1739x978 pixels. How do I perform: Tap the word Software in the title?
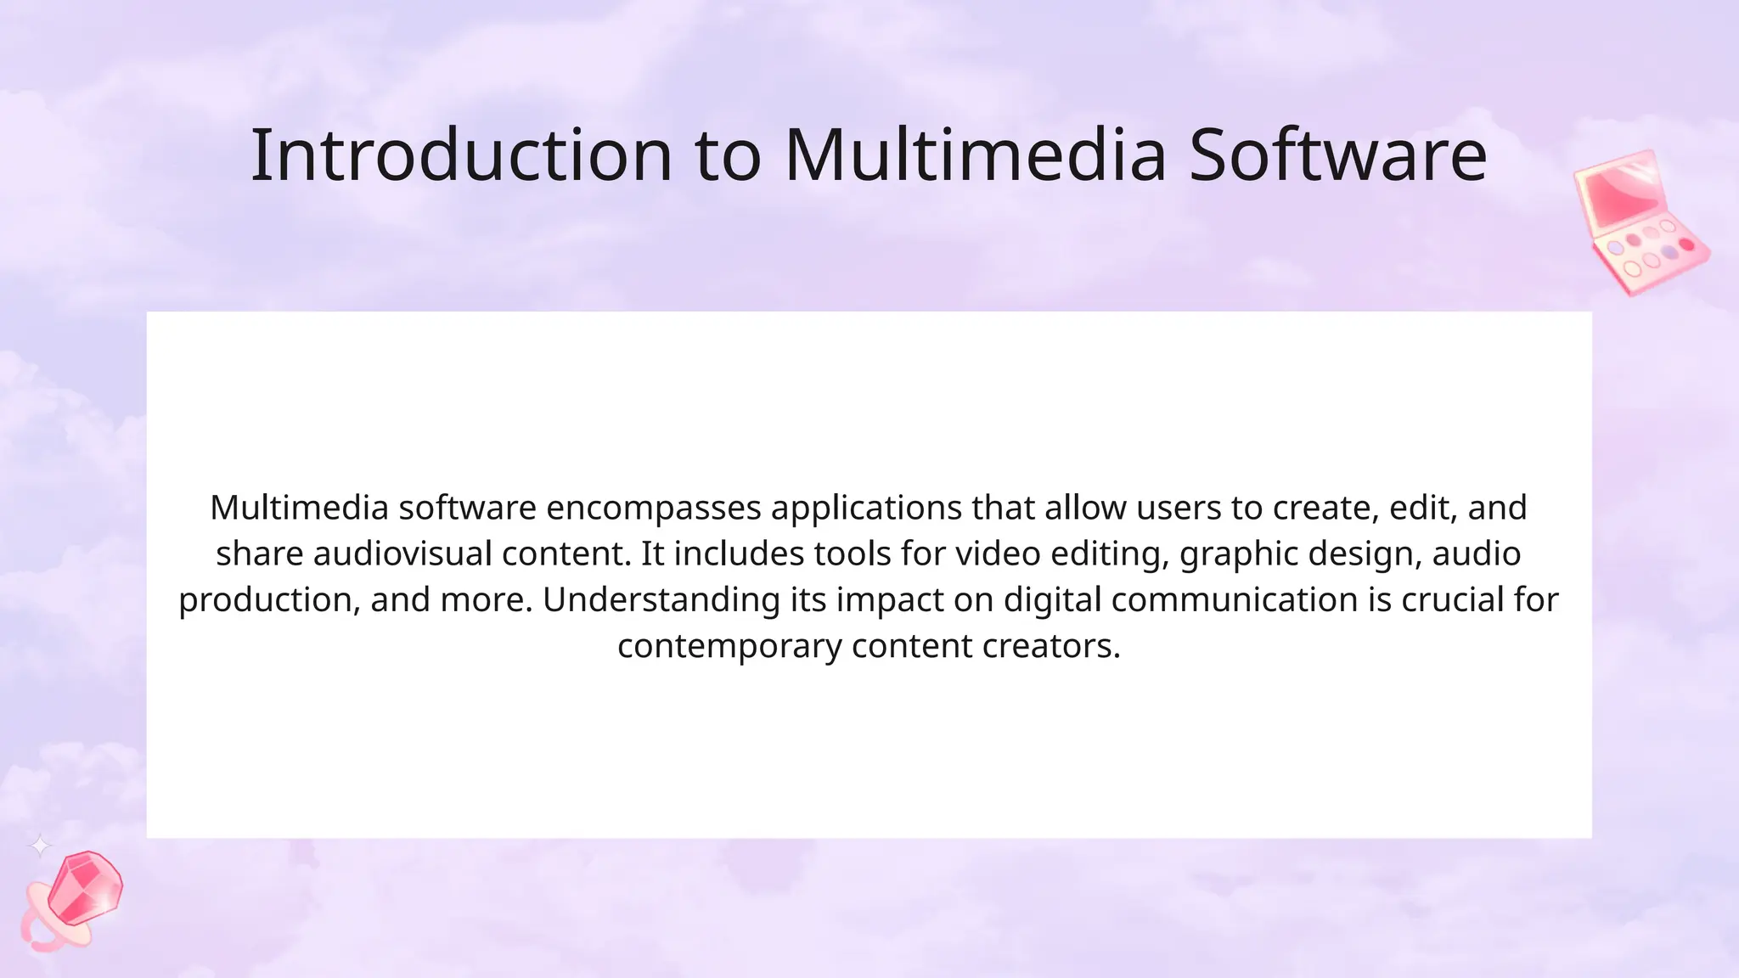point(1337,155)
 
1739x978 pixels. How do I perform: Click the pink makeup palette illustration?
point(1641,222)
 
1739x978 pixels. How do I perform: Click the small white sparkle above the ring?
point(40,846)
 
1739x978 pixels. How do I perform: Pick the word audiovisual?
point(402,554)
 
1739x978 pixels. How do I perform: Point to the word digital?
point(1052,600)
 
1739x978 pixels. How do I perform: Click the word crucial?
point(1453,600)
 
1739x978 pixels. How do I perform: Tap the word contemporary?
point(729,646)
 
